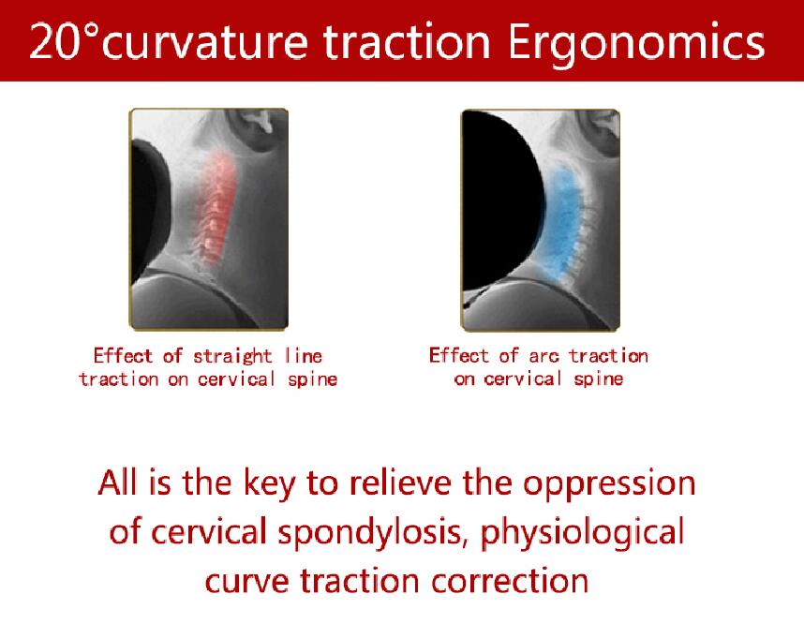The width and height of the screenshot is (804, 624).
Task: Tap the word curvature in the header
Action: click(205, 41)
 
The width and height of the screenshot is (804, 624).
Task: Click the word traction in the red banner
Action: click(407, 41)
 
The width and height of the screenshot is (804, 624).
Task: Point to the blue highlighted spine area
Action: click(562, 220)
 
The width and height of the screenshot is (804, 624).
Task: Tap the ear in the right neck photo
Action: click(599, 132)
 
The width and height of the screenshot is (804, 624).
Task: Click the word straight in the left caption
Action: click(232, 356)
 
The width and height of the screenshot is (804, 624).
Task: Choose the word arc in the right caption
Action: click(543, 356)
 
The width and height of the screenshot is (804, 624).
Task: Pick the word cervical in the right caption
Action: click(523, 379)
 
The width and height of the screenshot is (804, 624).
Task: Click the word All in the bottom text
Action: click(117, 483)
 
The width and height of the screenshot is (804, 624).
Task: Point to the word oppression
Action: click(609, 484)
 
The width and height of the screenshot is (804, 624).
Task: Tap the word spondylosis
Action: click(373, 533)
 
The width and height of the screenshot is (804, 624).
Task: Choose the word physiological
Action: click(583, 533)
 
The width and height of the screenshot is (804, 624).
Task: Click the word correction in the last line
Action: click(510, 582)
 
